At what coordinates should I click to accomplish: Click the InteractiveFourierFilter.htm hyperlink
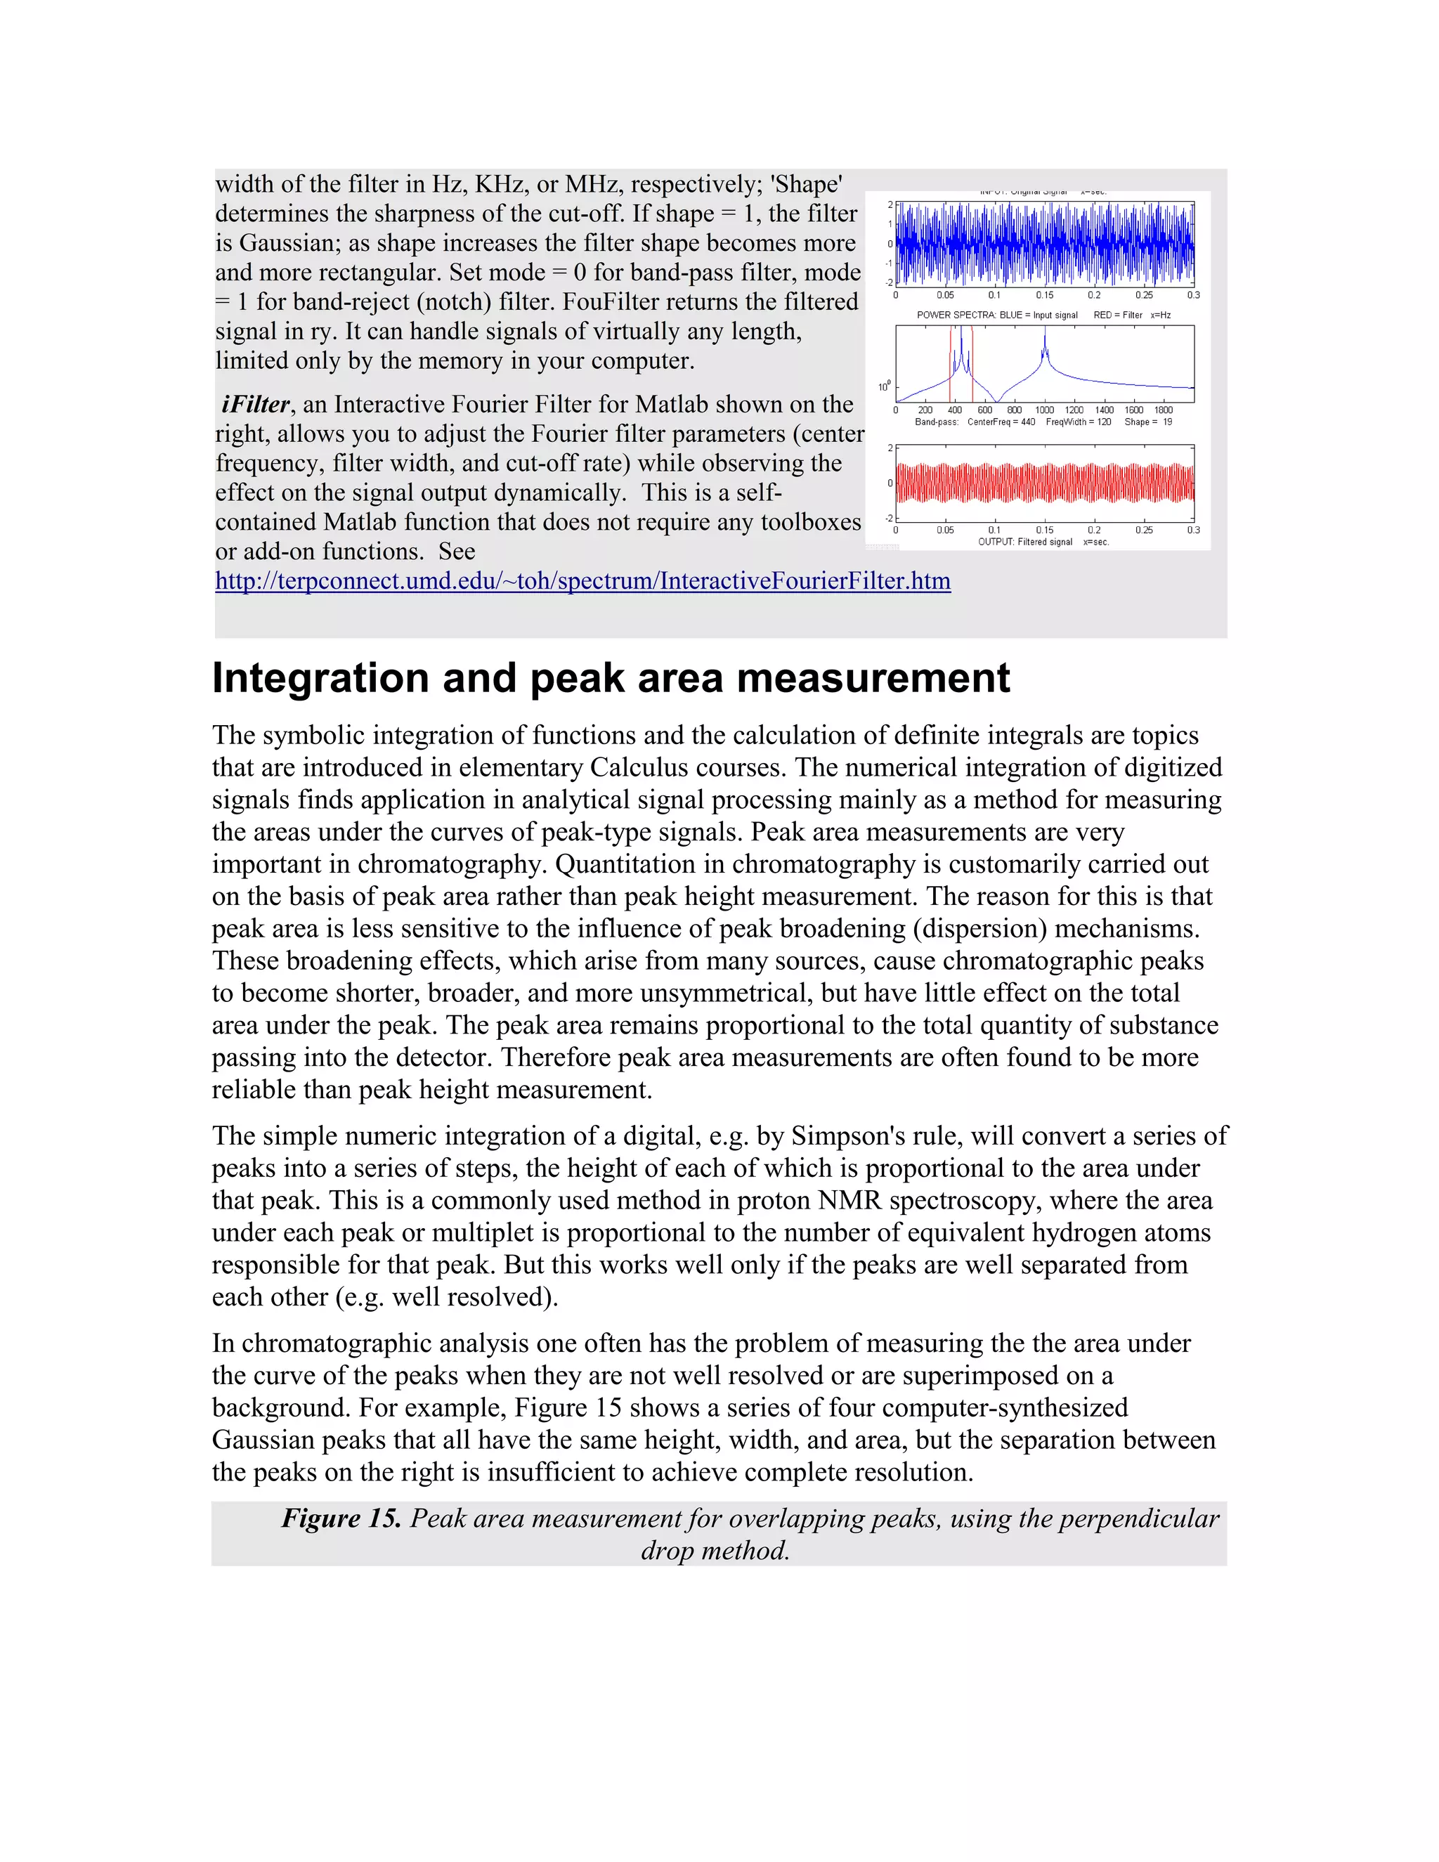(582, 582)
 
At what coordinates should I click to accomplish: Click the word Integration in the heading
(320, 679)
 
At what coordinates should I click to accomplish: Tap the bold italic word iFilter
(255, 404)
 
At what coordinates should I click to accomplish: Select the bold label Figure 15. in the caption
(341, 1518)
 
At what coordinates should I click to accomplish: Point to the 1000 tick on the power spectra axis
(1044, 410)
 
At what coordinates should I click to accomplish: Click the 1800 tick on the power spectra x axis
(1164, 410)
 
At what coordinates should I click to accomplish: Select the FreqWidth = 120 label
(1079, 422)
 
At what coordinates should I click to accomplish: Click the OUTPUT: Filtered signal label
(1026, 542)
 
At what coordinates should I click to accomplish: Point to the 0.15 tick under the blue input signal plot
(1044, 295)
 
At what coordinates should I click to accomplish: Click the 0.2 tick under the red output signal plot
(1094, 530)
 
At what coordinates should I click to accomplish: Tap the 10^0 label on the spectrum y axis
(884, 387)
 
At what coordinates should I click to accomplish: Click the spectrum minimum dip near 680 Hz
(998, 400)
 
